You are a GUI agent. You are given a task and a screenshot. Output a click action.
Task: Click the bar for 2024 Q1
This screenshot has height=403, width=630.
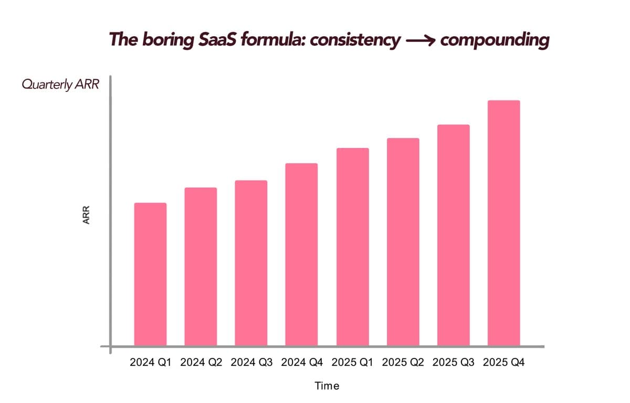(150, 274)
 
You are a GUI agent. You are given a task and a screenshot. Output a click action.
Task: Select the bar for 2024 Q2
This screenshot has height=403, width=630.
(201, 266)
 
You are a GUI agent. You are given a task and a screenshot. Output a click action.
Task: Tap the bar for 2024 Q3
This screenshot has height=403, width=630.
(251, 262)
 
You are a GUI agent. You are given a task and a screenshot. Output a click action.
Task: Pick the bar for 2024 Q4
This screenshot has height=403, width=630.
(301, 254)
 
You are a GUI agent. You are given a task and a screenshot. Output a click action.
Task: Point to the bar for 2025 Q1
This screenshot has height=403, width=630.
(352, 247)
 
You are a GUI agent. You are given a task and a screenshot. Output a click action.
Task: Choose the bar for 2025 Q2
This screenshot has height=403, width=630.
(403, 241)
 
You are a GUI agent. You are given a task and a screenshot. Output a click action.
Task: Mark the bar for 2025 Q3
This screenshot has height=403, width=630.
(453, 235)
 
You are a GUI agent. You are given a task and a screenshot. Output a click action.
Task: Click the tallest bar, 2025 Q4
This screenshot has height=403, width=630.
(503, 222)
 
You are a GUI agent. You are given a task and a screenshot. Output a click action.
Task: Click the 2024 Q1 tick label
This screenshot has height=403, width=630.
(150, 363)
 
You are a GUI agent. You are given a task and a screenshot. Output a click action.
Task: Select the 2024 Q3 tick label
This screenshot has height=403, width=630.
(251, 363)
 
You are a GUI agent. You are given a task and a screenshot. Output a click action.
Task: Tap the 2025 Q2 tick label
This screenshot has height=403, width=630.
(403, 363)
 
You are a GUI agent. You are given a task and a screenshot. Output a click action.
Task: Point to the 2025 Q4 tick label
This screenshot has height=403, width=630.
(503, 363)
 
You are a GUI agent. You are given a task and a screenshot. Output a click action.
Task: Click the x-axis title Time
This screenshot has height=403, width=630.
(327, 386)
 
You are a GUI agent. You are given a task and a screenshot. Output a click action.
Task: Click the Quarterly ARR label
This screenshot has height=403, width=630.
(60, 85)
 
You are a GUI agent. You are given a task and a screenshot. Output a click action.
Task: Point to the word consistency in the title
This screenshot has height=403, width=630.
(355, 40)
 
